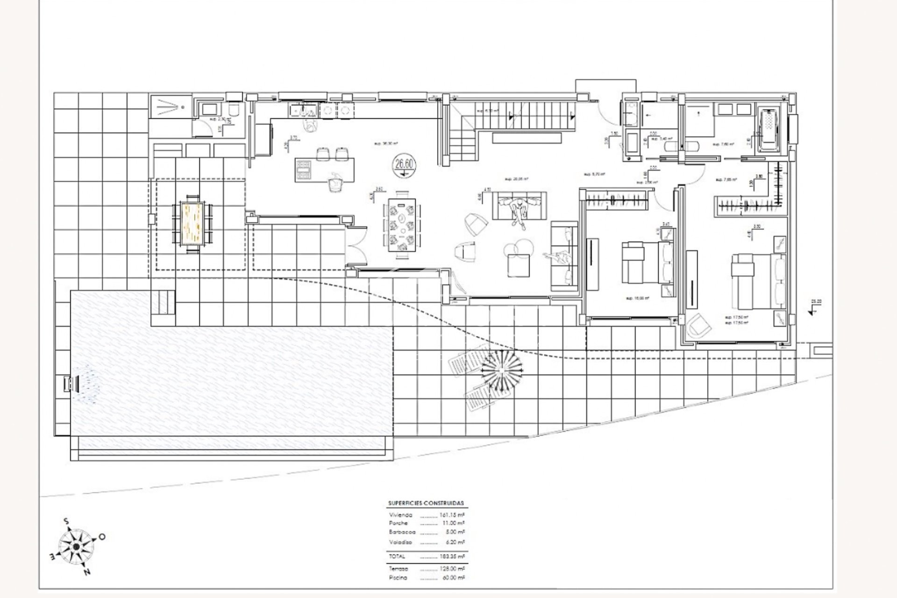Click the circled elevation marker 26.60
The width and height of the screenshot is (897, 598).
[405, 164]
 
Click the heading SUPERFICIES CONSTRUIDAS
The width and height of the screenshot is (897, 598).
[426, 503]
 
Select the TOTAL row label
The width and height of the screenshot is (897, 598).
[397, 556]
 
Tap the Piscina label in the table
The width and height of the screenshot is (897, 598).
[398, 577]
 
